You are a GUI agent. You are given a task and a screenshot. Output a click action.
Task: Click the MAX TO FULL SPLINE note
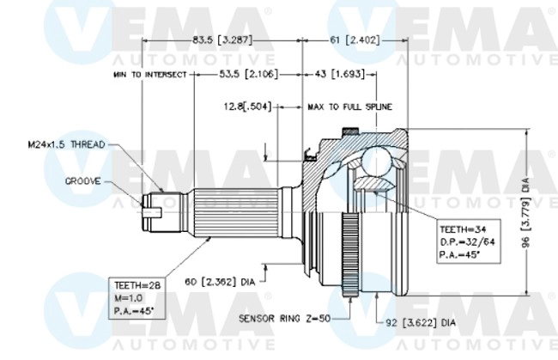tap(349, 107)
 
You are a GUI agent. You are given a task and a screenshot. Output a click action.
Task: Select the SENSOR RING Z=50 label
tap(289, 317)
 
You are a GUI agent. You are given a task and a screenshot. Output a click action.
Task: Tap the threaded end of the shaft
tap(153, 210)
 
